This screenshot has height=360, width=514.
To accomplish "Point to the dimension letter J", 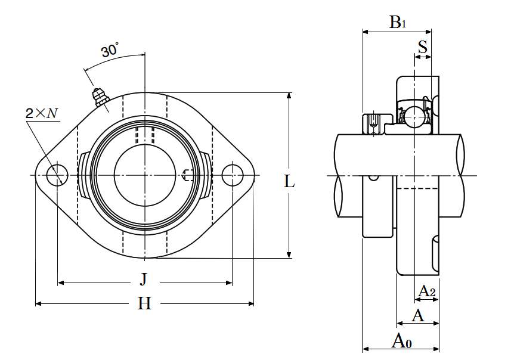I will click(144, 278).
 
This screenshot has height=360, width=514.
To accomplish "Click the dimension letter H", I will click(144, 304).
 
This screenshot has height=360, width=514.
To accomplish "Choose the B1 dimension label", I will click(398, 23).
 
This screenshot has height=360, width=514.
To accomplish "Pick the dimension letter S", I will click(423, 47).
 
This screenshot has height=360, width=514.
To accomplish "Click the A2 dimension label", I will click(427, 291).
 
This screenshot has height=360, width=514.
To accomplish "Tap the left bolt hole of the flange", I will click(58, 175).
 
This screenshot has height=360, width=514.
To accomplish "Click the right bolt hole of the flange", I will click(232, 175).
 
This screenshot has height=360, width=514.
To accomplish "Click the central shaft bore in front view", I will click(145, 175).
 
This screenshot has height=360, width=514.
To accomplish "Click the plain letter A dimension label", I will click(418, 315).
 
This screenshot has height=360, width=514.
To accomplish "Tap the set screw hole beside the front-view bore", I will click(187, 175).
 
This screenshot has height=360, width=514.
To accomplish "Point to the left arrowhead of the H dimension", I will click(38, 304).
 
